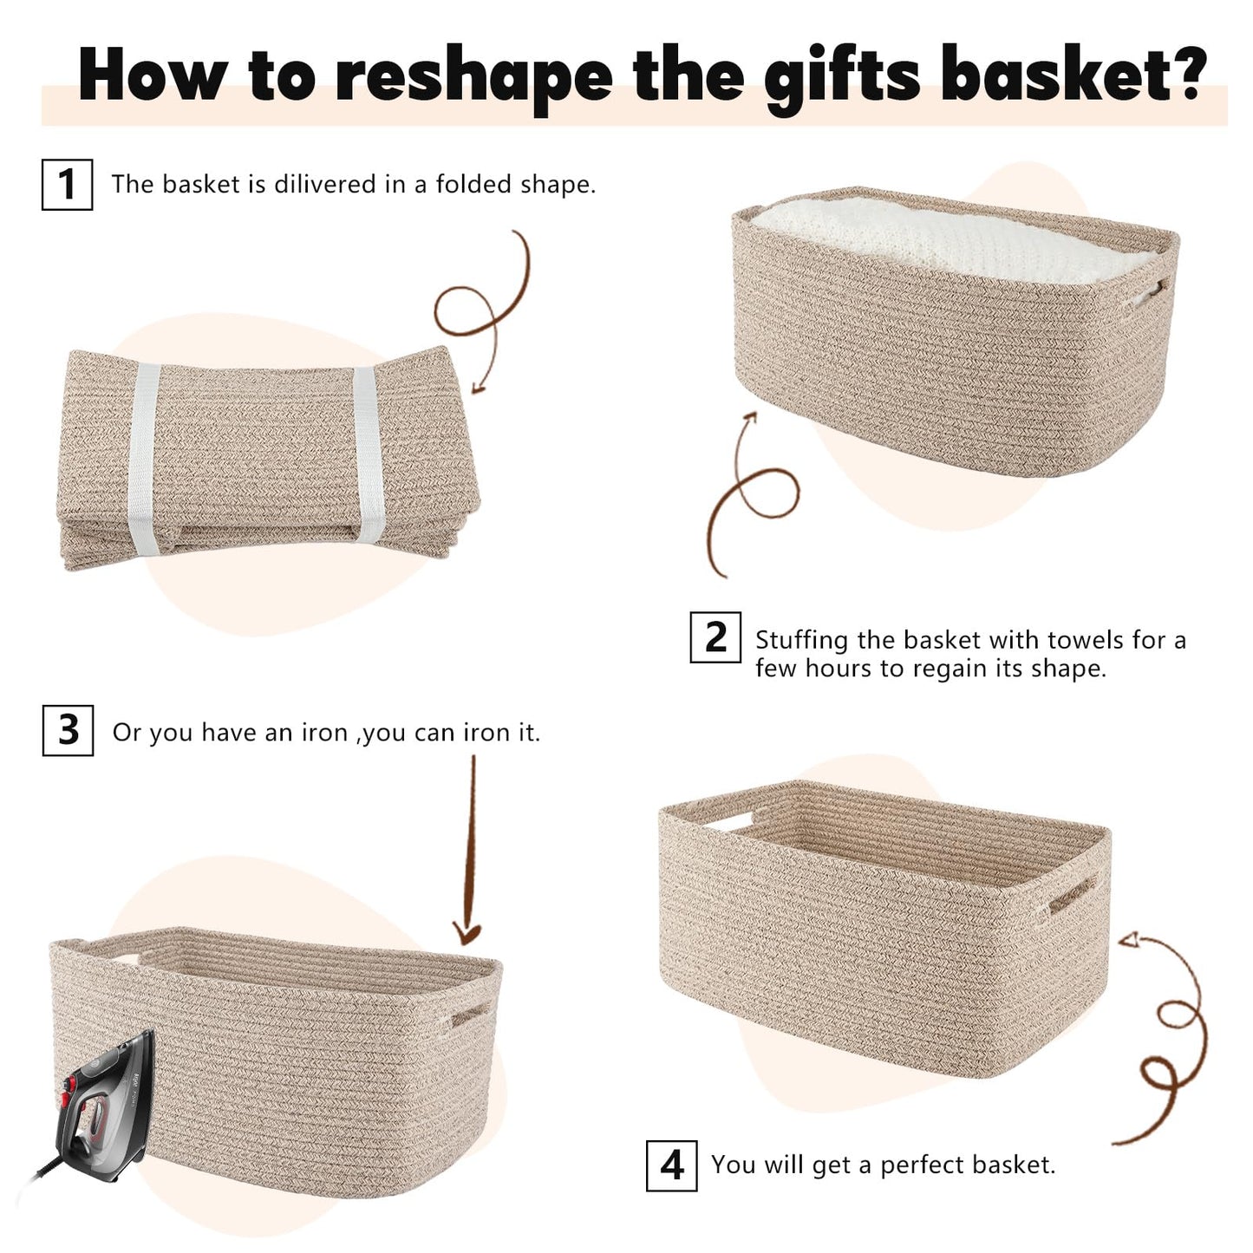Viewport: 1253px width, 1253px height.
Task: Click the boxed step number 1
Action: tap(67, 184)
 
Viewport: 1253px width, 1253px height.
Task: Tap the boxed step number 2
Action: tap(715, 637)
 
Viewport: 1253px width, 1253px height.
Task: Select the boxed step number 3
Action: tap(68, 730)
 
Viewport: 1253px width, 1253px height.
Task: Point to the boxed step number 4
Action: tap(671, 1166)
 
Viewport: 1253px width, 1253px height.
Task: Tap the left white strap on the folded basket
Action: tap(143, 459)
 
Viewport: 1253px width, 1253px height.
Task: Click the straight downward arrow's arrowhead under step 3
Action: tap(467, 934)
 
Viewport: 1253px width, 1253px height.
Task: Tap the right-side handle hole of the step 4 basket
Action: tap(1073, 897)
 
